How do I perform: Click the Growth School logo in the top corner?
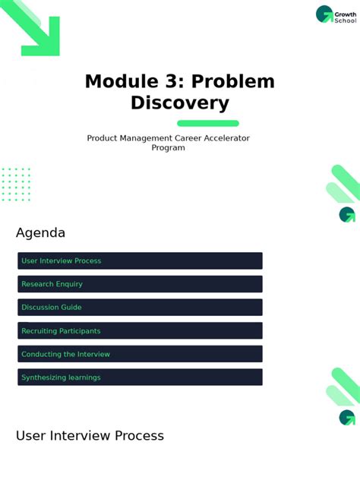(335, 14)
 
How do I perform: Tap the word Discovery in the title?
(179, 103)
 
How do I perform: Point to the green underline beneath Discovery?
(207, 123)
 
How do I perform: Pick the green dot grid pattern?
(16, 185)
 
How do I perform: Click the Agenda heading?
(40, 233)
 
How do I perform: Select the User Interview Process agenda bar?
(140, 261)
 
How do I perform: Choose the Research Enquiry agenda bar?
(140, 284)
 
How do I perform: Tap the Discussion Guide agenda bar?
(140, 308)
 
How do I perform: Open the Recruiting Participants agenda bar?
(140, 330)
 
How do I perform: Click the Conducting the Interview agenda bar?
(140, 354)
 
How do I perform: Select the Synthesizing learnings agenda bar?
(140, 377)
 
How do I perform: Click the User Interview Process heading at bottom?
(90, 436)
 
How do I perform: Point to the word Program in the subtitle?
(168, 148)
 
